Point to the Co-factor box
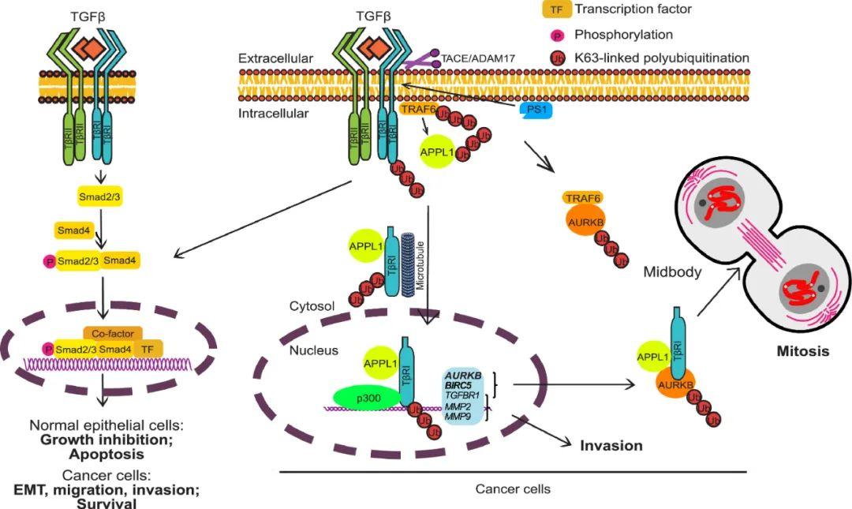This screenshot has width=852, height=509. click(113, 333)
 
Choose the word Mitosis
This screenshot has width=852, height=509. click(801, 351)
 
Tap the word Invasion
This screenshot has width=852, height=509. click(611, 446)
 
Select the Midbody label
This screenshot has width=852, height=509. click(671, 271)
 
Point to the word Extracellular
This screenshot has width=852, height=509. click(276, 59)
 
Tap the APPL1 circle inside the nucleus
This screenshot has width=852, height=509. click(377, 364)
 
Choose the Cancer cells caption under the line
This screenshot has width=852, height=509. click(513, 489)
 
